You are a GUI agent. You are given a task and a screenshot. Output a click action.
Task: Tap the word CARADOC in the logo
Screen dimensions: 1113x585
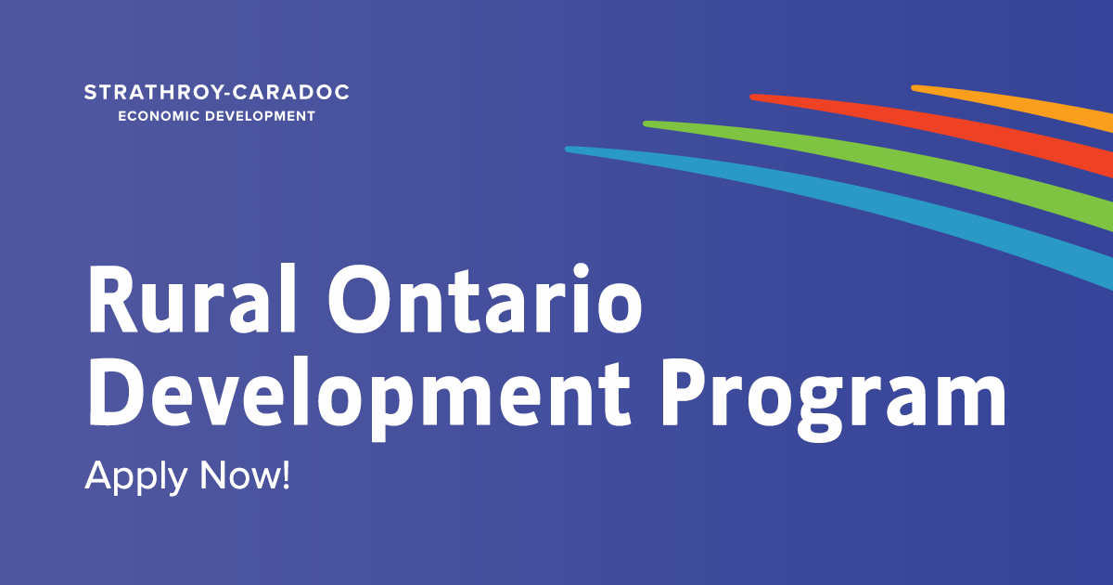(x=291, y=93)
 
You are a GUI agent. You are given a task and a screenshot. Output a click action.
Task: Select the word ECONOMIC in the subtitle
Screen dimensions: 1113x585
(x=159, y=116)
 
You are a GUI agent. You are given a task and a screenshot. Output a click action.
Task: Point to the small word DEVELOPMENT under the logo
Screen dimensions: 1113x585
(x=261, y=116)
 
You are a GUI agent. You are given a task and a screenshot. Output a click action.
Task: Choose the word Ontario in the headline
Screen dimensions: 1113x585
(x=485, y=298)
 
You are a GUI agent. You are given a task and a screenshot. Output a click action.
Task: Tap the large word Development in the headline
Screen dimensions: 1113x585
(x=360, y=393)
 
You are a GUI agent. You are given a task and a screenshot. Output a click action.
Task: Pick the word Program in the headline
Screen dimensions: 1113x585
(x=834, y=398)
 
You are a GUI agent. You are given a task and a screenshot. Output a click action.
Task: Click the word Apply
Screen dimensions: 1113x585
(x=136, y=477)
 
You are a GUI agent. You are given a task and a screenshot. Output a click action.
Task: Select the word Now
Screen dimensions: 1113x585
(x=239, y=475)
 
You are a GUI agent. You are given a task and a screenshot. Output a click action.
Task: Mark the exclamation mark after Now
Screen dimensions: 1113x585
(x=286, y=475)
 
